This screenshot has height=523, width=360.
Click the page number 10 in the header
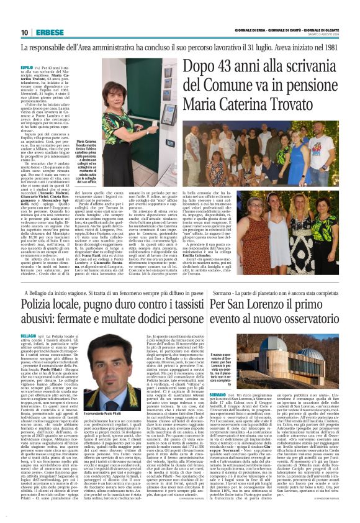tap(25, 32)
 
